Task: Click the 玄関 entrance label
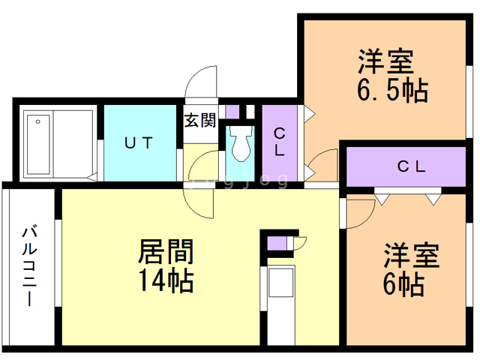pyautogui.click(x=200, y=120)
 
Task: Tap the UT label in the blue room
pyautogui.click(x=139, y=143)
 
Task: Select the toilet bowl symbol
pyautogui.click(x=240, y=144)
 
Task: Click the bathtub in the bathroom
pyautogui.click(x=38, y=145)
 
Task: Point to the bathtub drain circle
pyautogui.click(x=38, y=121)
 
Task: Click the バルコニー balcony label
pyautogui.click(x=30, y=265)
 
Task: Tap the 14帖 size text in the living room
pyautogui.click(x=166, y=280)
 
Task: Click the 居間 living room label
pyautogui.click(x=166, y=252)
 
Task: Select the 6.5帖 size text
pyautogui.click(x=393, y=91)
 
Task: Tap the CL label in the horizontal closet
pyautogui.click(x=412, y=166)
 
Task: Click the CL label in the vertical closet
pyautogui.click(x=279, y=142)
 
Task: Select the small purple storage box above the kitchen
pyautogui.click(x=277, y=243)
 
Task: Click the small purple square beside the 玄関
pyautogui.click(x=232, y=112)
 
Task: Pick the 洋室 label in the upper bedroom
pyautogui.click(x=386, y=61)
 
